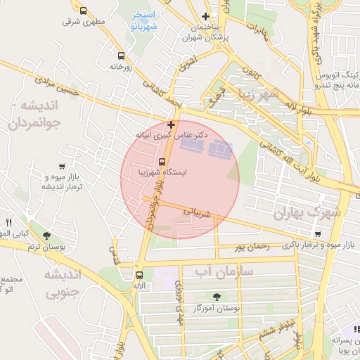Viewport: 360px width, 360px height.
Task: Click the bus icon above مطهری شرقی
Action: (84, 11)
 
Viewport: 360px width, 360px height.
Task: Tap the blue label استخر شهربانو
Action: (143, 20)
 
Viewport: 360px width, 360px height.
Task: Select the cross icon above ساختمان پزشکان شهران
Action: (205, 16)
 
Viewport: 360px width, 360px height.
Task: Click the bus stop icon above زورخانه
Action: (121, 56)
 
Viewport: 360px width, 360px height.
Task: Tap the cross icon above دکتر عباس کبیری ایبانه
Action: (171, 124)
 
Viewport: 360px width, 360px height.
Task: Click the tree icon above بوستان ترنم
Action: (46, 236)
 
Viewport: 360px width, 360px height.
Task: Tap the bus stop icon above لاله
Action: (139, 275)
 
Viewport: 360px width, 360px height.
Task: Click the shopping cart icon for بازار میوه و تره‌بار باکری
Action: (318, 234)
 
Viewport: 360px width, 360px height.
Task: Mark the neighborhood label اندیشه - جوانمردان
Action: (41, 114)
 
